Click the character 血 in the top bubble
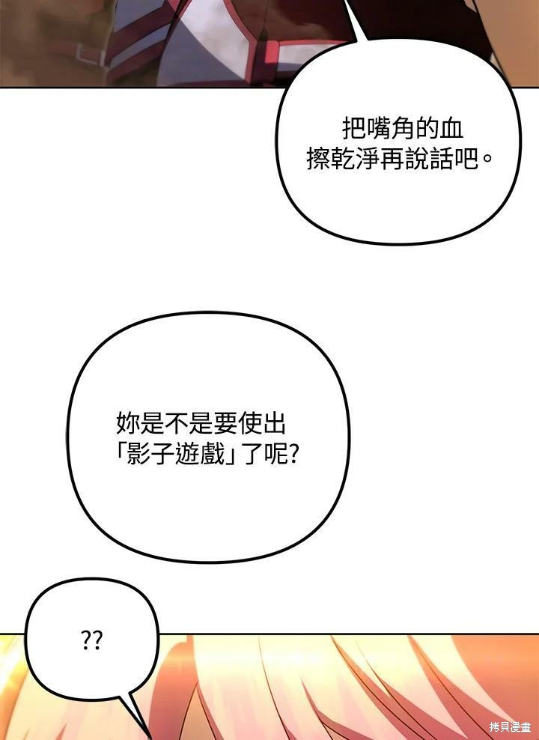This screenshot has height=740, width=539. point(451,129)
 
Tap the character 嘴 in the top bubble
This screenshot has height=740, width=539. point(378,129)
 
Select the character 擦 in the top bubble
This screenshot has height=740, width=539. point(318,159)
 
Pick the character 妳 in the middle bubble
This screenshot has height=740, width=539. point(128,423)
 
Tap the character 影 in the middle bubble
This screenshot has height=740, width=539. point(138,454)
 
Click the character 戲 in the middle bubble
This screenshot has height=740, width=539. point(212,454)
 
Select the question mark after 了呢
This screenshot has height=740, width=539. point(293,454)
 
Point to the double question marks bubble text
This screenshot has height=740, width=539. point(91,640)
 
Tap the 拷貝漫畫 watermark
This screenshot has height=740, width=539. point(510,727)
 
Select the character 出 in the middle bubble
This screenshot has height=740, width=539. point(275,423)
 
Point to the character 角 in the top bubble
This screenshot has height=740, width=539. point(402,129)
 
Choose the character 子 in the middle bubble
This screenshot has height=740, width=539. point(163,454)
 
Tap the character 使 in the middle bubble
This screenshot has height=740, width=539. point(250,423)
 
